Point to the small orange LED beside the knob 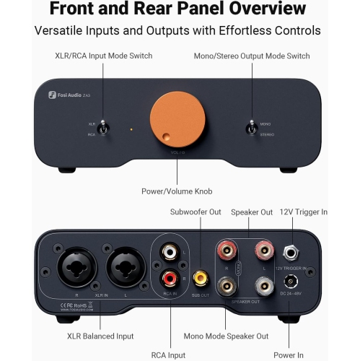click(131, 130)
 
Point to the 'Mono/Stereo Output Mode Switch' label click(252, 56)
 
